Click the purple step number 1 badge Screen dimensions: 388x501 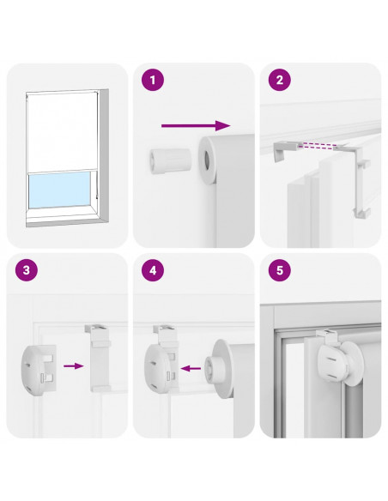click(x=153, y=80)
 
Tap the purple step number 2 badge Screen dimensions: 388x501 click(x=280, y=80)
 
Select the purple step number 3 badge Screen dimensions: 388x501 click(x=27, y=270)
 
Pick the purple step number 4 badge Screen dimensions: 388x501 click(x=153, y=270)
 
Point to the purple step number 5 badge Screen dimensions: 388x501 click(x=280, y=270)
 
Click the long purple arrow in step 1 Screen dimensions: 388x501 click(x=196, y=125)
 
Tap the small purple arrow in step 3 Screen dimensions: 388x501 click(x=74, y=365)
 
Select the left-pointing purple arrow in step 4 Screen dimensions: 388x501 click(x=191, y=368)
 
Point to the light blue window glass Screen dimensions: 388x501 click(x=59, y=190)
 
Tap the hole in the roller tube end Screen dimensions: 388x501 click(x=207, y=160)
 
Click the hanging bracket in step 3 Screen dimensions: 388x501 click(x=99, y=358)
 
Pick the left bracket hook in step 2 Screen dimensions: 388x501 click(x=284, y=151)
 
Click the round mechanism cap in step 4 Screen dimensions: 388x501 click(x=159, y=368)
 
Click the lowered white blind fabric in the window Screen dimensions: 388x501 click(x=62, y=132)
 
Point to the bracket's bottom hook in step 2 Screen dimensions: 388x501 click(x=362, y=213)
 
